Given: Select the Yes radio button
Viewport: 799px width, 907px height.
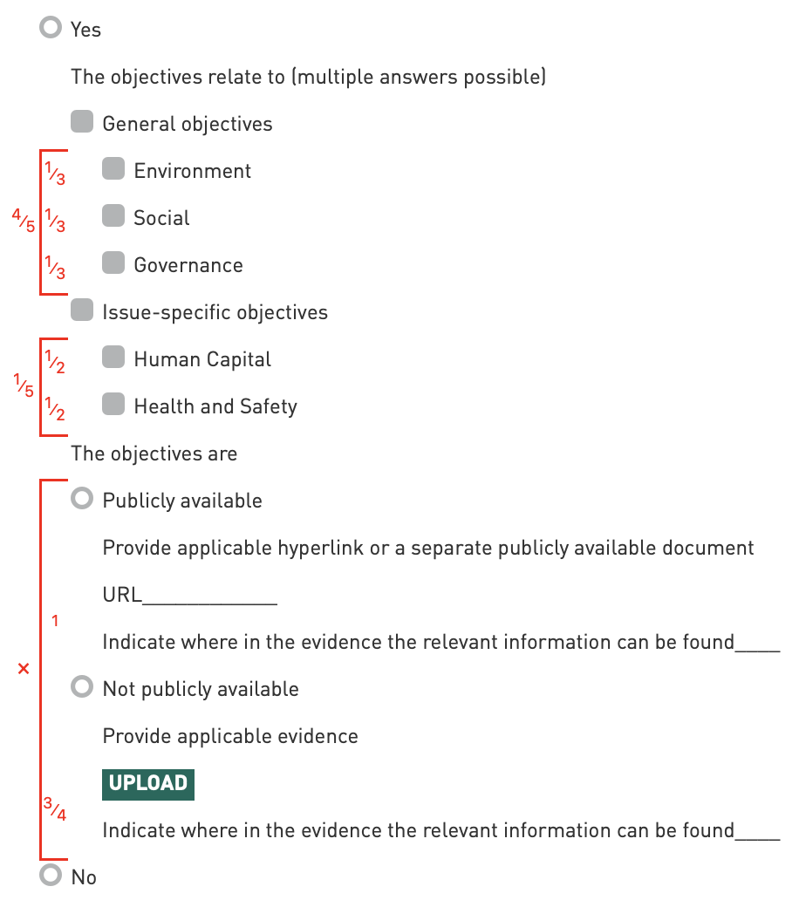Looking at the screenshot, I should pos(51,29).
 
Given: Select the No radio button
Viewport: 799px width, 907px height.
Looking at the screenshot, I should pos(51,876).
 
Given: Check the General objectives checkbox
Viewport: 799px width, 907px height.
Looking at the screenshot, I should pos(82,122).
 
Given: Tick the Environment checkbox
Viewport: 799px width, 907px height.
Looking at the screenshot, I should pos(113,169).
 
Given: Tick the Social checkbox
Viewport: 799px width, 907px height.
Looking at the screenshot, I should pos(113,216).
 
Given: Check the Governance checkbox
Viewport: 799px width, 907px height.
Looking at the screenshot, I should pos(113,263).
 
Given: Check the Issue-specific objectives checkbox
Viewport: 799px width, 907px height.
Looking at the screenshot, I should pos(82,310).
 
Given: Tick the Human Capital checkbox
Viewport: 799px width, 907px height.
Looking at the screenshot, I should pos(113,358).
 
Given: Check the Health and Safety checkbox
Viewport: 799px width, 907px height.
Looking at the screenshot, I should pos(113,405).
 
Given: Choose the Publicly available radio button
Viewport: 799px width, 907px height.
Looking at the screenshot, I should pos(82,499).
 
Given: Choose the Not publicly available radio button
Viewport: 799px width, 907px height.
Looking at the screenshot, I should pos(82,687).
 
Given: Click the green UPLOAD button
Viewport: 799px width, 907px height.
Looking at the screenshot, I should pos(148,783).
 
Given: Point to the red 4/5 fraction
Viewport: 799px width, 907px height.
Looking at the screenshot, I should pos(24,220).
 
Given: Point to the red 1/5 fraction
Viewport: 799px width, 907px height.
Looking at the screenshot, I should pos(24,385).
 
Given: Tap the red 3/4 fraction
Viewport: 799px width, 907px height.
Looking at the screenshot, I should pos(55,808).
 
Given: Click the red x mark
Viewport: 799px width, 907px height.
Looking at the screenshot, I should pos(24,669).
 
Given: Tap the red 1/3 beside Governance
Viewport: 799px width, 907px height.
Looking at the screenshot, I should pos(55,268).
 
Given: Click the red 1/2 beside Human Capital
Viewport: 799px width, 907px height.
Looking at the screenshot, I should pos(55,362).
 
